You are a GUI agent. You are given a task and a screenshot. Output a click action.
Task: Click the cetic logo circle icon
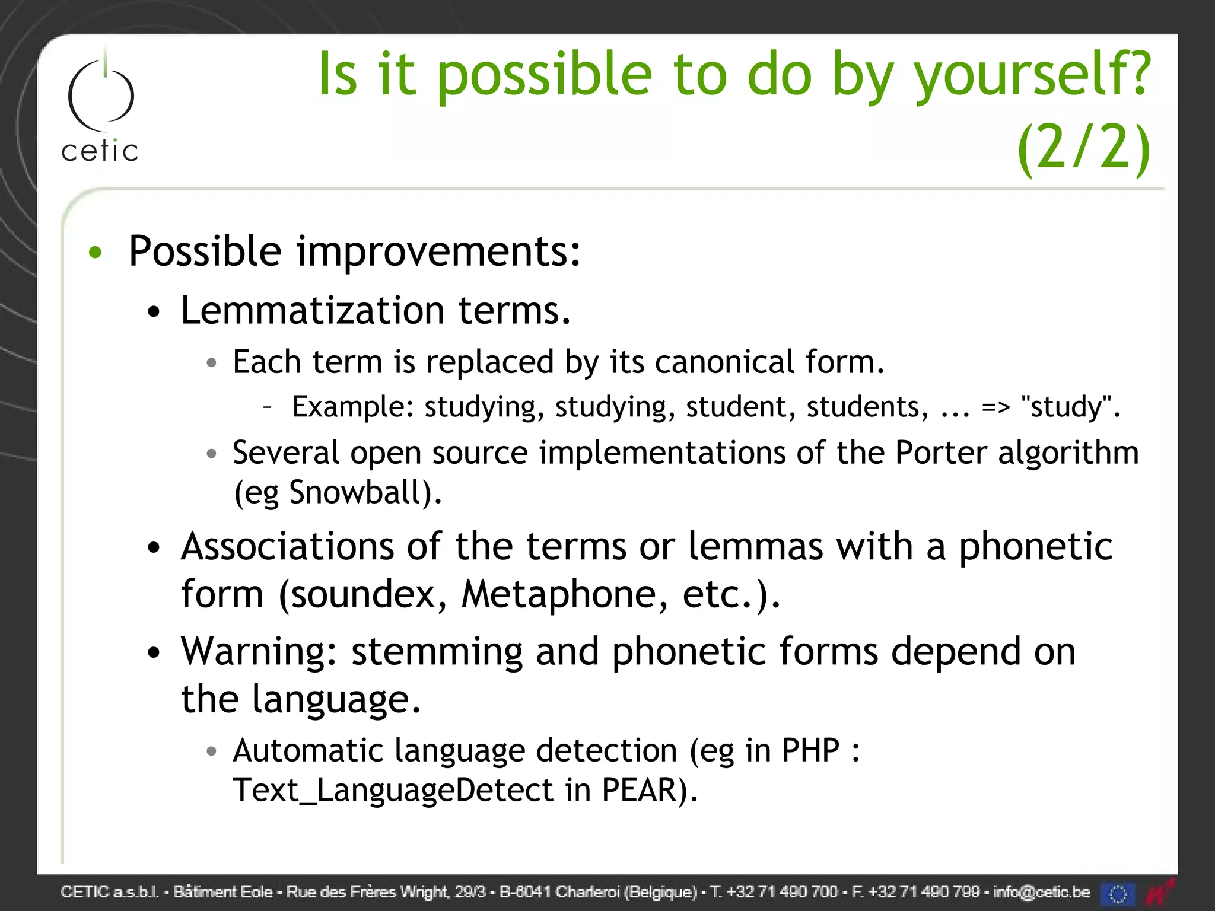click(x=101, y=95)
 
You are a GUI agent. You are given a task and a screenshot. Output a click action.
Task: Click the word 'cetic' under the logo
click(x=100, y=151)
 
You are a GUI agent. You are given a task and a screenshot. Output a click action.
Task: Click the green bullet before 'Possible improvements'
click(x=95, y=253)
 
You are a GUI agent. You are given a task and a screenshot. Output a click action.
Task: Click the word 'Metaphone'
click(x=564, y=594)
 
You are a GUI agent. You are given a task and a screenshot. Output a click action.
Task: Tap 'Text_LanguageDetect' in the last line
click(x=393, y=791)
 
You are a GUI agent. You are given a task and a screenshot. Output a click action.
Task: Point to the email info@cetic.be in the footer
click(x=1041, y=892)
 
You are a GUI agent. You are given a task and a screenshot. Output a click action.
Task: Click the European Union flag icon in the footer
click(x=1118, y=893)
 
